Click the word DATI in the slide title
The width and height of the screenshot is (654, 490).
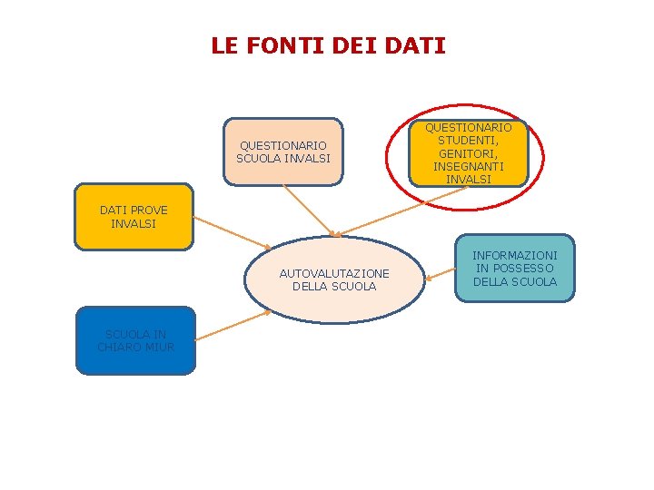pos(417,45)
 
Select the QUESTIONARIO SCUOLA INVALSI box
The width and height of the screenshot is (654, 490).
pos(283,152)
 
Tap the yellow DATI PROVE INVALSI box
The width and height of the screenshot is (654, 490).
pos(134,217)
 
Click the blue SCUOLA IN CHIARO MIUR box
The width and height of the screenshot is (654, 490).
pos(135,340)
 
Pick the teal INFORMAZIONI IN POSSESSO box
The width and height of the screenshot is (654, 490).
pos(515,269)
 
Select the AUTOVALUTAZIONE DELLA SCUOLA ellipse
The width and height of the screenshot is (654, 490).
pos(334,279)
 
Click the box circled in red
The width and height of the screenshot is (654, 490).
pos(469,153)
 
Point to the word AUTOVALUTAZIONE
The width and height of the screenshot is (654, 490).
pos(334,273)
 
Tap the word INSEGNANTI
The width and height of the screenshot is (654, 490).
pos(469,166)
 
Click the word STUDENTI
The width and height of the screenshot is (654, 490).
pos(469,141)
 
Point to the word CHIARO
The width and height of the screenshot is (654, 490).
pos(118,347)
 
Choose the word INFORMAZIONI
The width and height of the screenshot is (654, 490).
pos(515,256)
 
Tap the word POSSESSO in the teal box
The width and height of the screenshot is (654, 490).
pos(527,269)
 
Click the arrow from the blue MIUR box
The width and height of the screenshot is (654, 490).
pos(233,326)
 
